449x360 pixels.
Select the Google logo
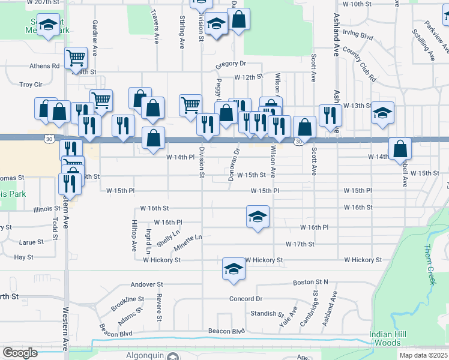20,353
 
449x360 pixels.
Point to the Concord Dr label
246,299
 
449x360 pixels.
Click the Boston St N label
310,282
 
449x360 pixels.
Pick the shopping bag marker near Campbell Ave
400,149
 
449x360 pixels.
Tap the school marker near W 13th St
382,112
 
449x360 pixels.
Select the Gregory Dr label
231,63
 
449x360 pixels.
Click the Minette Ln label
188,242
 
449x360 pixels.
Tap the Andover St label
147,284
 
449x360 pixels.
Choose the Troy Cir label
31,85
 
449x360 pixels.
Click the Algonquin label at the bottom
143,355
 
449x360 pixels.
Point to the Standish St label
267,314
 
